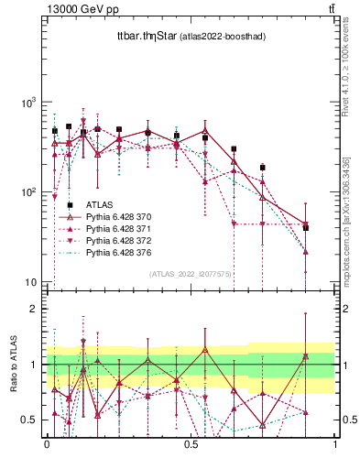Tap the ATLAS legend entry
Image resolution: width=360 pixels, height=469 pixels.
coord(99,204)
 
